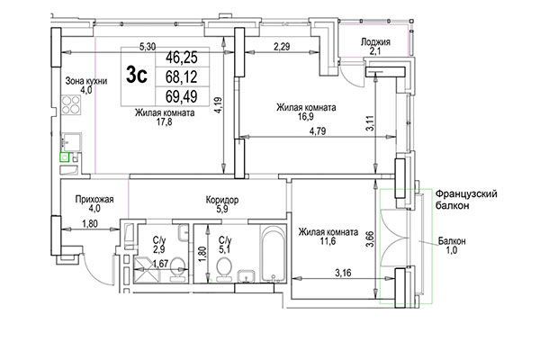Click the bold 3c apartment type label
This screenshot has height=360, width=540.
138,76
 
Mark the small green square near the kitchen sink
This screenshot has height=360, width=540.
64,157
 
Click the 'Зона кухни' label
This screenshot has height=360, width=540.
85,81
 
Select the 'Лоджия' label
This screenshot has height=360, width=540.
375,41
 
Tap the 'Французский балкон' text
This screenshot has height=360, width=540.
466,200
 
